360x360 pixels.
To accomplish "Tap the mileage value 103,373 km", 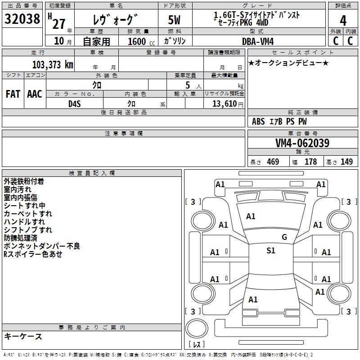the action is [x=53, y=64].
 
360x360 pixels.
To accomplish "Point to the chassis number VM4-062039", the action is [x=302, y=143].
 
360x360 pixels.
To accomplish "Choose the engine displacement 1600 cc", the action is [x=138, y=41].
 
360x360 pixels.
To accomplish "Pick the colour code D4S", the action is [x=74, y=103].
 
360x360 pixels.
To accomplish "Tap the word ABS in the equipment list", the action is [x=258, y=121].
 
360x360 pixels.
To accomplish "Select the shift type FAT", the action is [x=13, y=94].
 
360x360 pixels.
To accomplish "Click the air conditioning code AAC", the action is [x=34, y=94].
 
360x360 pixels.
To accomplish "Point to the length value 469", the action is [x=272, y=162].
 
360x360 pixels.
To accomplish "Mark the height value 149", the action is [x=346, y=162].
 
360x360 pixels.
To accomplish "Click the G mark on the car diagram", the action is [x=284, y=237].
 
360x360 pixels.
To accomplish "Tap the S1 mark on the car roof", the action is [x=270, y=251].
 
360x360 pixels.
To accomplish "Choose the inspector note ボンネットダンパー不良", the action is [x=42, y=246].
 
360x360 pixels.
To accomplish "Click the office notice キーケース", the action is [x=23, y=336].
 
